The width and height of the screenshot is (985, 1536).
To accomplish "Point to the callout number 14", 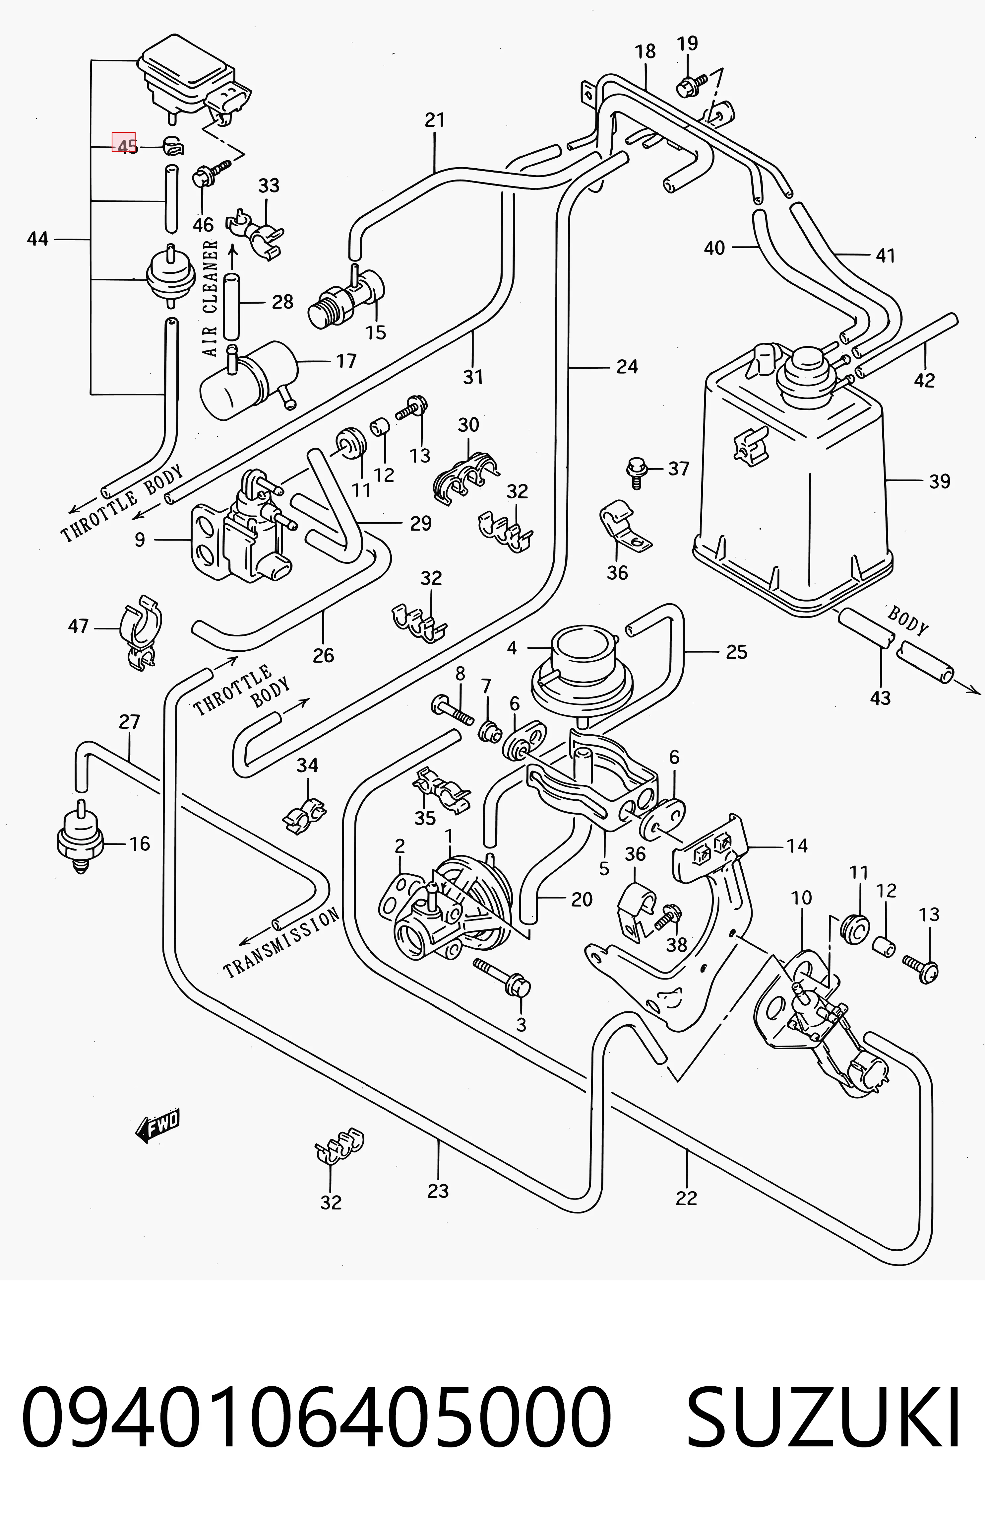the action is pyautogui.click(x=797, y=846).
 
